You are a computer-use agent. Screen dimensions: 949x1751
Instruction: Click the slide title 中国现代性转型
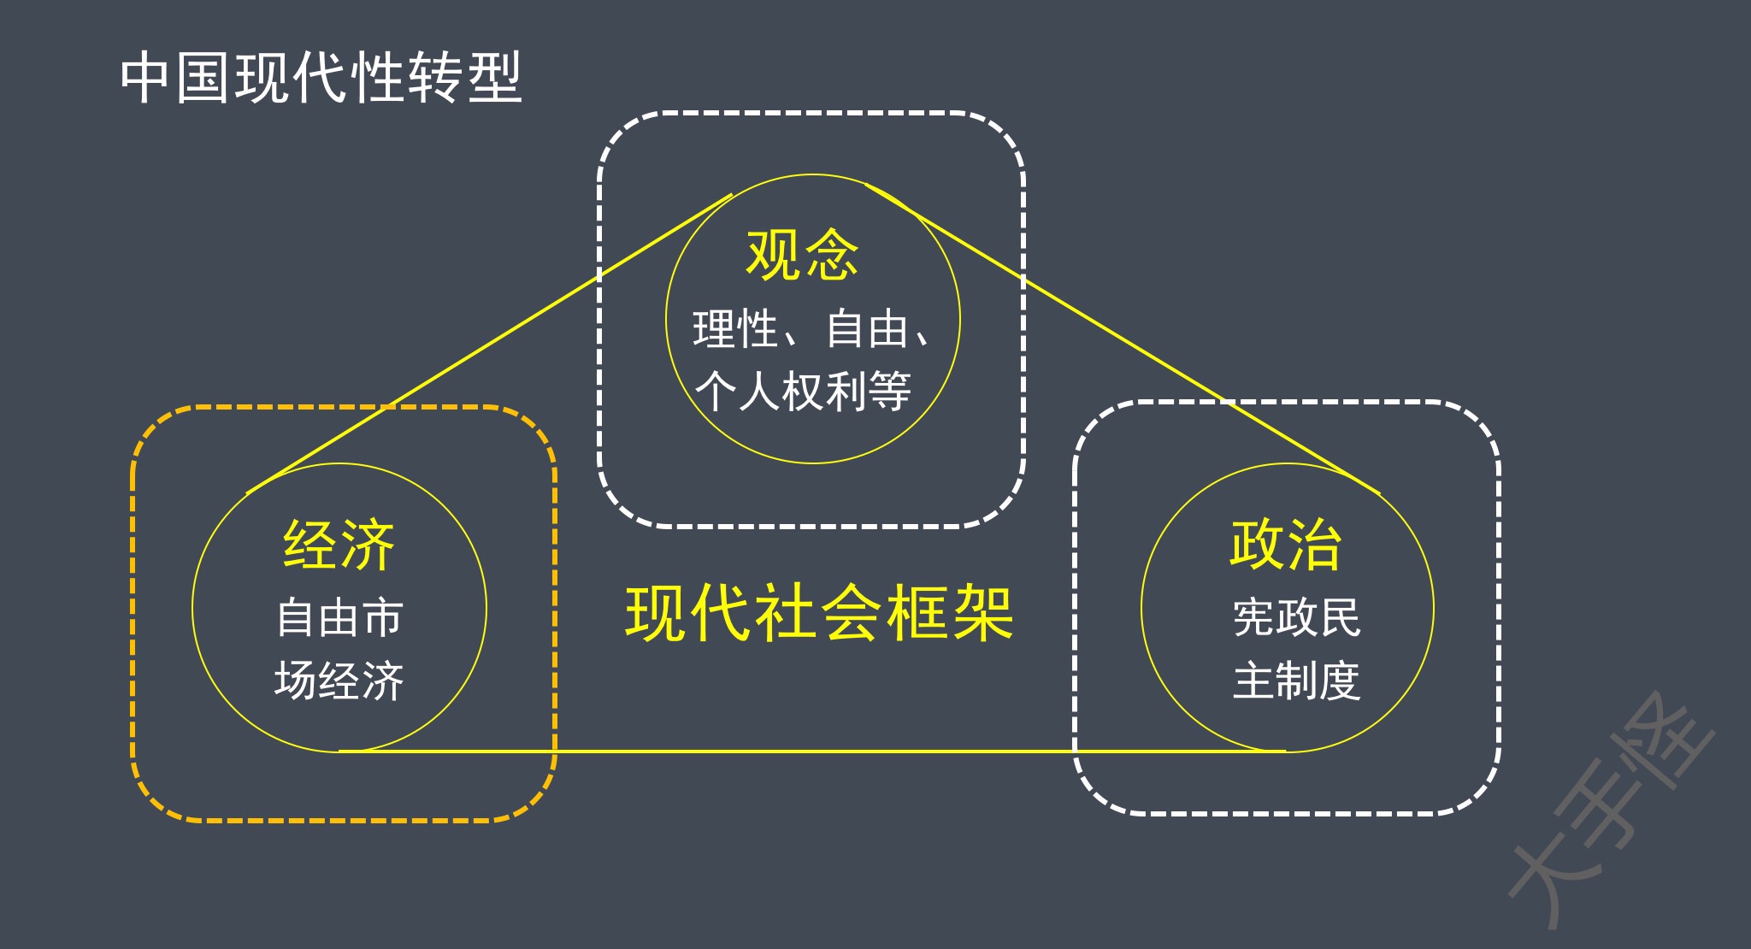tap(321, 78)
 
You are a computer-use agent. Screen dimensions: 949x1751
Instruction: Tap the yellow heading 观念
tap(802, 255)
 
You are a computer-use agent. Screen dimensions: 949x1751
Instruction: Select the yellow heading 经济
tap(339, 545)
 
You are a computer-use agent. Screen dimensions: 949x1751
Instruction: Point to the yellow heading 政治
tap(1286, 544)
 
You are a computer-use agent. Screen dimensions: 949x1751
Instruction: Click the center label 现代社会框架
tap(819, 613)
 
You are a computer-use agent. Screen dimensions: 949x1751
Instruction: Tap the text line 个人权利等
tap(803, 392)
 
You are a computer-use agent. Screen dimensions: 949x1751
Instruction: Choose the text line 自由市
tap(339, 617)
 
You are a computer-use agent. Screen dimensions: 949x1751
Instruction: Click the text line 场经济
tap(339, 681)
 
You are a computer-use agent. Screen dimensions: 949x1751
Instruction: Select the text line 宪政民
tap(1296, 617)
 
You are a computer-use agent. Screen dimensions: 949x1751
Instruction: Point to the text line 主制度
tap(1296, 681)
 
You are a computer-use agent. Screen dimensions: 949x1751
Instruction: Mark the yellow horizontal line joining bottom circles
tap(812, 752)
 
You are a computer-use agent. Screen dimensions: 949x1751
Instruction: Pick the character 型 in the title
tap(494, 78)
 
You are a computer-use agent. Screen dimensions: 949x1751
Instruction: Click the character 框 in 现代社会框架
tap(917, 613)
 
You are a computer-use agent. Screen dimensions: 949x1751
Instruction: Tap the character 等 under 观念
tap(890, 392)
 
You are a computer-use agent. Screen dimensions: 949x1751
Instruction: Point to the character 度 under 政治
tap(1339, 681)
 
